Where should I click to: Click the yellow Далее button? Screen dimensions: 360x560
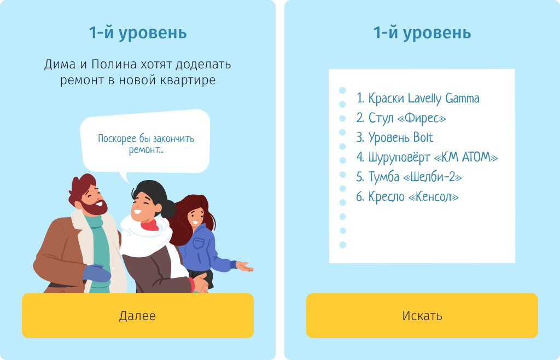tap(137, 316)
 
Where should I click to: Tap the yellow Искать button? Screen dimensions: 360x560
tap(422, 316)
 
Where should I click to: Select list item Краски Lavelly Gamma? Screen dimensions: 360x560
tap(418, 98)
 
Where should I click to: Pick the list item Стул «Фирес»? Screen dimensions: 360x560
tap(401, 118)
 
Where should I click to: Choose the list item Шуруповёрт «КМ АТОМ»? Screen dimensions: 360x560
tap(427, 158)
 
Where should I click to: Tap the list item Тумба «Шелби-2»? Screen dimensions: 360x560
tap(409, 177)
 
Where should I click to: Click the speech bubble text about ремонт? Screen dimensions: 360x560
tap(146, 144)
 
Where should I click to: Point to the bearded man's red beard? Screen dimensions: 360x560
tap(96, 206)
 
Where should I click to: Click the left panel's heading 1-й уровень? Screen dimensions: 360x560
tap(137, 33)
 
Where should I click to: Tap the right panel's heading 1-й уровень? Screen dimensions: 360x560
tap(422, 33)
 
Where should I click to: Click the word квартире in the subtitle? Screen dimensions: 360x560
tap(186, 80)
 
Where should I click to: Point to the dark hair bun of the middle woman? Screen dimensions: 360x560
tap(168, 208)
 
